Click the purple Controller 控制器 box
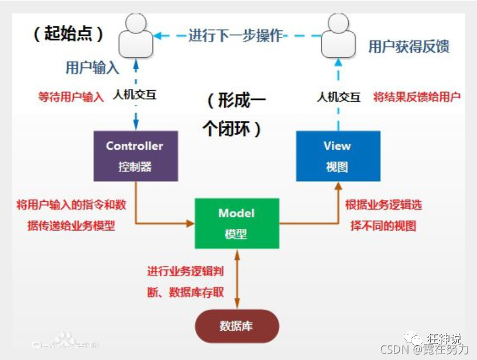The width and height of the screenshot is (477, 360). click(x=136, y=156)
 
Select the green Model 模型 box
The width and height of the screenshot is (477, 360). click(x=236, y=223)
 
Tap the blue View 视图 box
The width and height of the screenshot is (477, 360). click(x=338, y=156)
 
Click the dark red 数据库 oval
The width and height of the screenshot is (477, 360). click(x=236, y=326)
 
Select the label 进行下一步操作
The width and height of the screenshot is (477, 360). click(x=236, y=36)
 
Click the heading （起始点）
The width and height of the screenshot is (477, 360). click(x=68, y=34)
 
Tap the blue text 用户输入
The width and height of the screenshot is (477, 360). click(x=92, y=68)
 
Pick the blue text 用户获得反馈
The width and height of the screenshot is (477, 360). click(x=409, y=47)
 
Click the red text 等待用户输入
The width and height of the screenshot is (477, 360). click(x=71, y=97)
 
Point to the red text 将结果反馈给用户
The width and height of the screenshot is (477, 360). click(x=417, y=97)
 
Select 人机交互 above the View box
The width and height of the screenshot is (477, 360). click(x=339, y=97)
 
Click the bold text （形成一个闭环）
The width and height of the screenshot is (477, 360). click(x=235, y=115)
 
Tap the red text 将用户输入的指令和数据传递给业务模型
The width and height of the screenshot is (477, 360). click(x=71, y=215)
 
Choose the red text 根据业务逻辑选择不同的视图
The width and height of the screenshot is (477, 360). click(x=383, y=215)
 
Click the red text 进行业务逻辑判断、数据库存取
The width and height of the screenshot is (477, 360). click(x=185, y=282)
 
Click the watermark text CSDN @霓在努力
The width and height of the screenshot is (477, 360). click(x=424, y=349)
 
